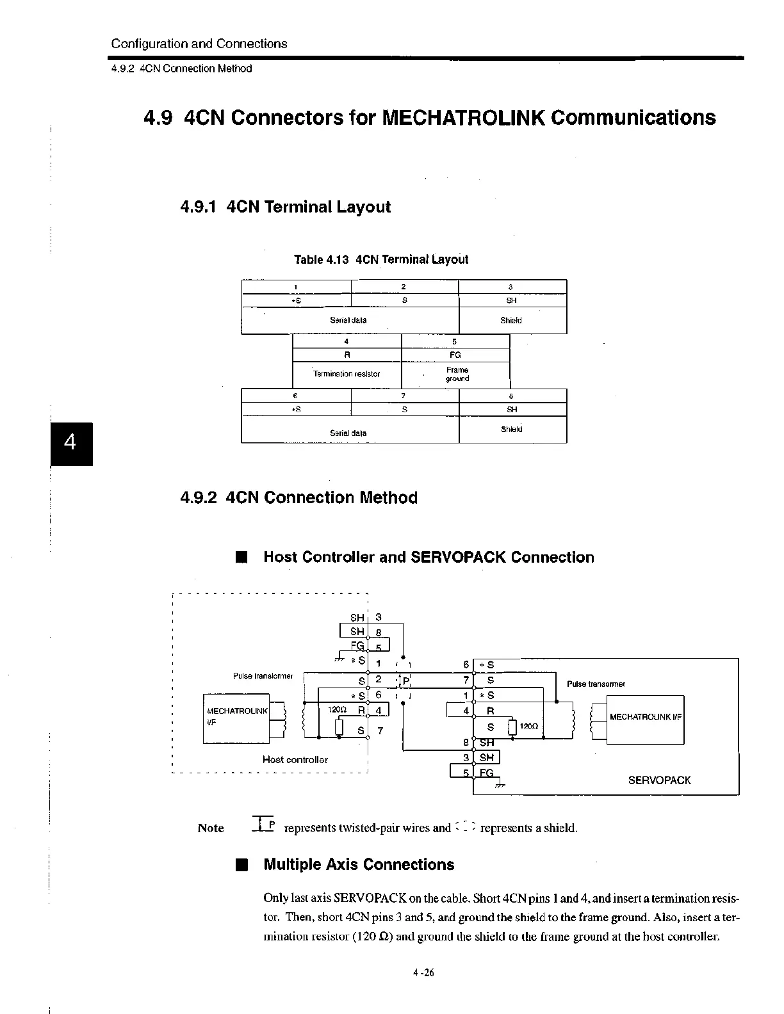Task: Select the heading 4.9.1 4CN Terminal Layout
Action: click(286, 207)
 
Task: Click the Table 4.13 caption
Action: click(381, 259)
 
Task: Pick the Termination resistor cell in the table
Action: click(347, 374)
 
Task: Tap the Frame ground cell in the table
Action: click(457, 374)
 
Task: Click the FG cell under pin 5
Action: click(455, 355)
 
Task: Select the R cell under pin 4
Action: click(347, 355)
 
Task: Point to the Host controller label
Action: click(295, 759)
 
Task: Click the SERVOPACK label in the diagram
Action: click(659, 780)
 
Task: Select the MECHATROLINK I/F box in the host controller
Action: click(237, 718)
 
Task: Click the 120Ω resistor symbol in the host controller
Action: click(340, 728)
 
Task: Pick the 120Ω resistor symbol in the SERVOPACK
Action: click(512, 728)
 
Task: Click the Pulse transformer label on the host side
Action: click(263, 676)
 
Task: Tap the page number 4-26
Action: click(423, 973)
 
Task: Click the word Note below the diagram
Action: click(211, 828)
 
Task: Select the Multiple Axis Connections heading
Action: click(359, 865)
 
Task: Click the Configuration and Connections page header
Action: click(199, 44)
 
